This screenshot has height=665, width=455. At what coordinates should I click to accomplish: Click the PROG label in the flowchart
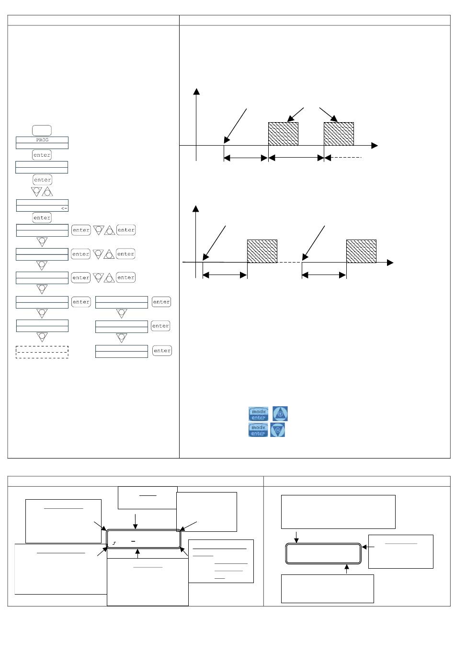click(42, 140)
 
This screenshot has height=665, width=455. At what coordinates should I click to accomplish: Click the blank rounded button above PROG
click(42, 130)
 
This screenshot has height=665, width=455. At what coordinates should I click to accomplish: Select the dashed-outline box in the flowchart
click(42, 352)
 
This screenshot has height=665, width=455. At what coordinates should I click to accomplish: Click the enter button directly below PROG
click(42, 155)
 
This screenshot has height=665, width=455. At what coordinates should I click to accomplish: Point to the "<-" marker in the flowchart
click(64, 208)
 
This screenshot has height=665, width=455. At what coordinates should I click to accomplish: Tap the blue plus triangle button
click(280, 413)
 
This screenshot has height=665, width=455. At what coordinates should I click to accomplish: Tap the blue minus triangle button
click(277, 430)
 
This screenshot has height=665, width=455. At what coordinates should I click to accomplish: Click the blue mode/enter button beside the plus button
click(258, 414)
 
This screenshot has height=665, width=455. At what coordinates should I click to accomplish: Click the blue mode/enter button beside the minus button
click(258, 430)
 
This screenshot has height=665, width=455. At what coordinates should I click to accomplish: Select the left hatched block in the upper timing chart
click(283, 134)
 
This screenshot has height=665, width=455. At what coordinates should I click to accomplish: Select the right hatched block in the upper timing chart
click(339, 134)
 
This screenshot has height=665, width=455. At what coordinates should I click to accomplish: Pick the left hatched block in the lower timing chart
click(262, 251)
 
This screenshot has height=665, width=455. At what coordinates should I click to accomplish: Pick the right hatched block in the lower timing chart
click(361, 251)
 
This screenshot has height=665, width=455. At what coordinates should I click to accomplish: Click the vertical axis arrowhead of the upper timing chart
click(196, 91)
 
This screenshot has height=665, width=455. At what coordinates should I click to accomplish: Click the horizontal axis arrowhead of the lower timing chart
click(390, 263)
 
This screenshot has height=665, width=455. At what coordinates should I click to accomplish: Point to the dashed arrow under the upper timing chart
click(343, 158)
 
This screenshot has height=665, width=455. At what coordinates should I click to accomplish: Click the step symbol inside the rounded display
click(114, 543)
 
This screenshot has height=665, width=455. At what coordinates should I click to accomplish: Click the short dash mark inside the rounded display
click(133, 541)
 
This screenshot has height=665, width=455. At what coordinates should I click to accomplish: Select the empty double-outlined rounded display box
click(323, 553)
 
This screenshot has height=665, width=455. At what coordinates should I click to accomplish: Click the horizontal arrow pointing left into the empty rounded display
click(368, 547)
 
